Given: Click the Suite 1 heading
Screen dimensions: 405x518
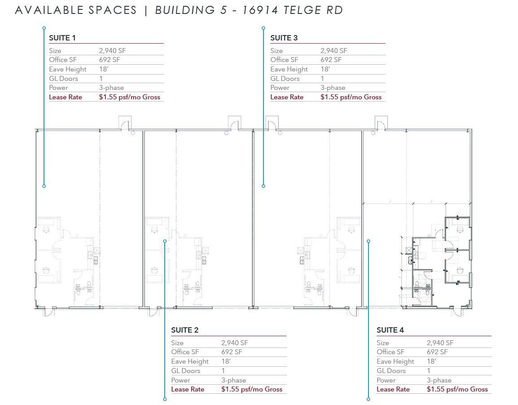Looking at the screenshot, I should [62, 38].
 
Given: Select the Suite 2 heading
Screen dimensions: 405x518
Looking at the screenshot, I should [184, 330].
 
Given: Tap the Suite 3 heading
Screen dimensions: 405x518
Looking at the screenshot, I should [284, 38].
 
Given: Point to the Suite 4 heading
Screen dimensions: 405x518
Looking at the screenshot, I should [390, 330].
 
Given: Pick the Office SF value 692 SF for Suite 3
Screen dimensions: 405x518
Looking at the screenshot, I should [331, 60].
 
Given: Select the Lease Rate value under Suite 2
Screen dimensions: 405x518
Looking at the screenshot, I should [252, 389].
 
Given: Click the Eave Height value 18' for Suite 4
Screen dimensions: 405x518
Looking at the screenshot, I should [431, 361].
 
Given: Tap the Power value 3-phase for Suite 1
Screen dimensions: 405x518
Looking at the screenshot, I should [111, 88].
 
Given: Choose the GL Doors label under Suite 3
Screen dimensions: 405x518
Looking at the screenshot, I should [285, 79].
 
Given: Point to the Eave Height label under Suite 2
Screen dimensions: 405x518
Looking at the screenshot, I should [190, 361].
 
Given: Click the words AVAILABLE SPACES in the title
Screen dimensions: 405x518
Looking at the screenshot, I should [75, 10].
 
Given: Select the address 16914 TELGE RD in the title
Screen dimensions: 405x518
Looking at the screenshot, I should [292, 10].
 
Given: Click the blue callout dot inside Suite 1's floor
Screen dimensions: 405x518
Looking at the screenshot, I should [44, 186].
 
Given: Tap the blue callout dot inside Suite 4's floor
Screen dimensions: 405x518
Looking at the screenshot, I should [369, 241].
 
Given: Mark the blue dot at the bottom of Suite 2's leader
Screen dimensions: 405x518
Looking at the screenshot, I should [165, 399].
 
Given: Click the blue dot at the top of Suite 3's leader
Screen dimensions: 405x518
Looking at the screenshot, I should [263, 28].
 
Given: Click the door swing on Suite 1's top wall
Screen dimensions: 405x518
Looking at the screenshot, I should [124, 123].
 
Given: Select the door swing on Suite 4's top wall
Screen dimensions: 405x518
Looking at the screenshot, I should [380, 123].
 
